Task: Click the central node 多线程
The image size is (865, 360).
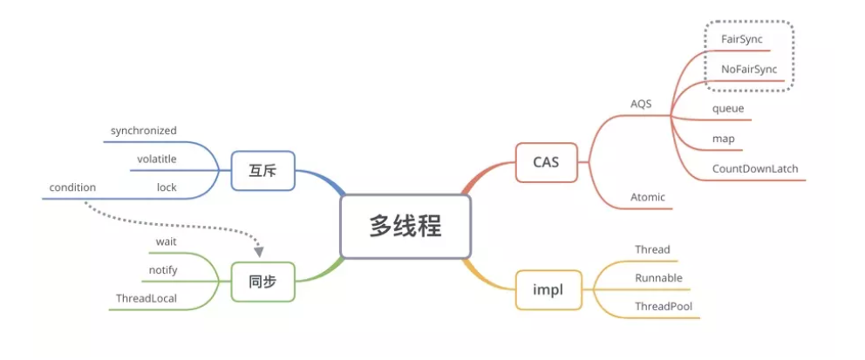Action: [x=405, y=227]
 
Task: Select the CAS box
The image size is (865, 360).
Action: [x=546, y=161]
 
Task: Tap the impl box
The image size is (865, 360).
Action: [x=546, y=289]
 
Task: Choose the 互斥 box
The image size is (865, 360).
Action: [x=262, y=171]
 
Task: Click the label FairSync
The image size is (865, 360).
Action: [x=742, y=39]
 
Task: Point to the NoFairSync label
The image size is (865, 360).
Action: [x=748, y=68]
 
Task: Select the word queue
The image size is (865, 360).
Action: [x=727, y=108]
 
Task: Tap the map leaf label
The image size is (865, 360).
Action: [x=722, y=139]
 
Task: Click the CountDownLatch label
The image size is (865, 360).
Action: [x=754, y=168]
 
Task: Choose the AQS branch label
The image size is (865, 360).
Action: [x=641, y=104]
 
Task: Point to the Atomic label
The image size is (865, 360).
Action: [x=648, y=197]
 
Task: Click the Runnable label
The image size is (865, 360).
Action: [x=658, y=277]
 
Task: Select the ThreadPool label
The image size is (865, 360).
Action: [x=664, y=306]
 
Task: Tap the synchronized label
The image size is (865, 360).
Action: [x=143, y=131]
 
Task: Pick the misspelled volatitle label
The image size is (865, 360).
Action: [x=156, y=159]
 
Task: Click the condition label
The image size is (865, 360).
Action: [x=72, y=187]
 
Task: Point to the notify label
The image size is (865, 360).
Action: [x=163, y=269]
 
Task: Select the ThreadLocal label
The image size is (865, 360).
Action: [x=146, y=298]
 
